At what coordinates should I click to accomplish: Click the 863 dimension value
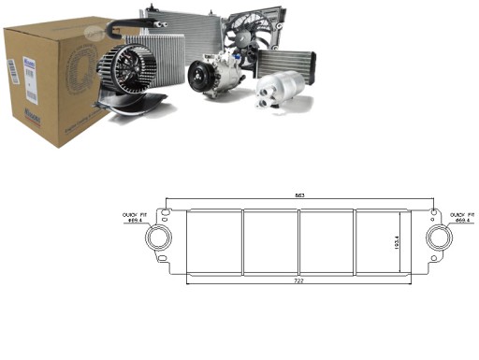click(x=299, y=194)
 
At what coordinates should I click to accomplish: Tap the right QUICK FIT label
click(x=462, y=217)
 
